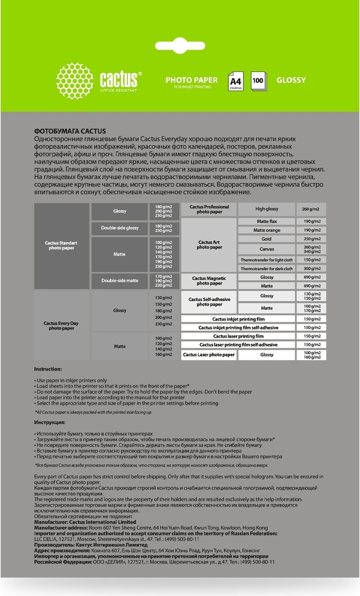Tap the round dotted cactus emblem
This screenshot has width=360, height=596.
coord(74,81)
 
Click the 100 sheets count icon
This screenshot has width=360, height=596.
coord(258,81)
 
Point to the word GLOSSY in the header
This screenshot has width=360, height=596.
coord(291,80)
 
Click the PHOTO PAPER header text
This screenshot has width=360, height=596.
coord(191,80)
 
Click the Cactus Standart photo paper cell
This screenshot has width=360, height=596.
coord(62,245)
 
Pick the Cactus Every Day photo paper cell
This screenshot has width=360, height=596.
coord(62,326)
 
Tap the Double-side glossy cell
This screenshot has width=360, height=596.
coord(120,228)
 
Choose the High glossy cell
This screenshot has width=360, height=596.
coord(266,209)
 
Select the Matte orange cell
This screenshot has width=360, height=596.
coord(266,230)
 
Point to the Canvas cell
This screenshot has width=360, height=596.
coord(266,249)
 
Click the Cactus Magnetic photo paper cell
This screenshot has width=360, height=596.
coord(209,281)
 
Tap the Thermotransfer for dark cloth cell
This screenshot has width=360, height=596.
coord(266,268)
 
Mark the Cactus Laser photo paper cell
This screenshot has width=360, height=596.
coord(209,354)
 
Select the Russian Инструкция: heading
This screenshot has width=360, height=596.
coord(50,422)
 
